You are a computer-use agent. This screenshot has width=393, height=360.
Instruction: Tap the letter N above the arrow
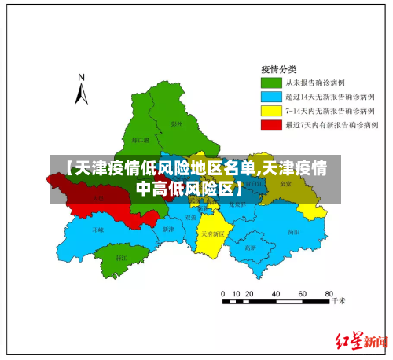(x=81, y=77)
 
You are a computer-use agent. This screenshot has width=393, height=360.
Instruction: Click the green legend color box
(x=270, y=82)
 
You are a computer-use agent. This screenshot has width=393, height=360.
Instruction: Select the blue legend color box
(x=270, y=96)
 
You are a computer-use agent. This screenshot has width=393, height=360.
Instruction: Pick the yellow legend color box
(x=270, y=110)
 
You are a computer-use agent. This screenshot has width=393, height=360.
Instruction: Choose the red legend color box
(x=270, y=124)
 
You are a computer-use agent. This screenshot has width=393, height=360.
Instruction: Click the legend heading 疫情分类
(x=280, y=68)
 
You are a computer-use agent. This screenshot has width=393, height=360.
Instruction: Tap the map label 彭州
(x=176, y=123)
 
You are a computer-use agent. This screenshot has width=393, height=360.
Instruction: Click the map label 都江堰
(x=119, y=139)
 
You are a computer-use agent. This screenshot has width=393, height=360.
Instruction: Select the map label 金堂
(x=285, y=183)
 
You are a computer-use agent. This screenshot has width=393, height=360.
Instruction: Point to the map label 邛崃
(x=97, y=230)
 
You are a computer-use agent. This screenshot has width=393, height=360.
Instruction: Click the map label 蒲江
(x=121, y=257)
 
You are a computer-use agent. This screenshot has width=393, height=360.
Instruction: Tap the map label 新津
(x=167, y=230)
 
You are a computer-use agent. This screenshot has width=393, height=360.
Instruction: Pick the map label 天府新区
(x=212, y=233)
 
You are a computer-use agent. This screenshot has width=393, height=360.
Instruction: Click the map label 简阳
(x=294, y=232)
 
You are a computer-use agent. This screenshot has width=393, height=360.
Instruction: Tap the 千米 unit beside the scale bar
(x=339, y=300)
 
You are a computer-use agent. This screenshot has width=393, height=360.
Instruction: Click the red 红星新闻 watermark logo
(x=362, y=341)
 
